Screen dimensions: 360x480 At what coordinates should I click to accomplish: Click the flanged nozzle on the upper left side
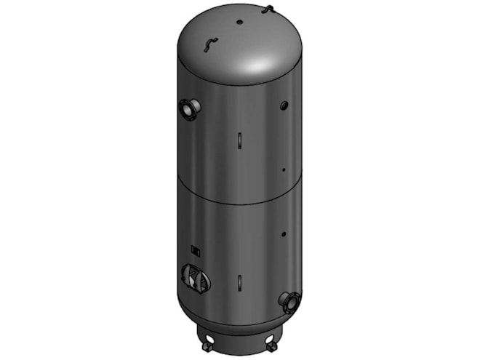pos(190,110)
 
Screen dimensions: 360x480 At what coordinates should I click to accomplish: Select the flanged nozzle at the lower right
pos(290,300)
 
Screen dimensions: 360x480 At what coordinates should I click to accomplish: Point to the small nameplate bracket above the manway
pos(195,250)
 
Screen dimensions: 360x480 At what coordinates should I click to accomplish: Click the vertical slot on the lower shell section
pos(239,281)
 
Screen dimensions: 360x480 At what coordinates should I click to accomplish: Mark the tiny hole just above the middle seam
pos(283,171)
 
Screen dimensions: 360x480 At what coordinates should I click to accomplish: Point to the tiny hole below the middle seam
pos(283,234)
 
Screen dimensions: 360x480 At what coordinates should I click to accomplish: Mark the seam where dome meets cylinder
pos(240,86)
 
